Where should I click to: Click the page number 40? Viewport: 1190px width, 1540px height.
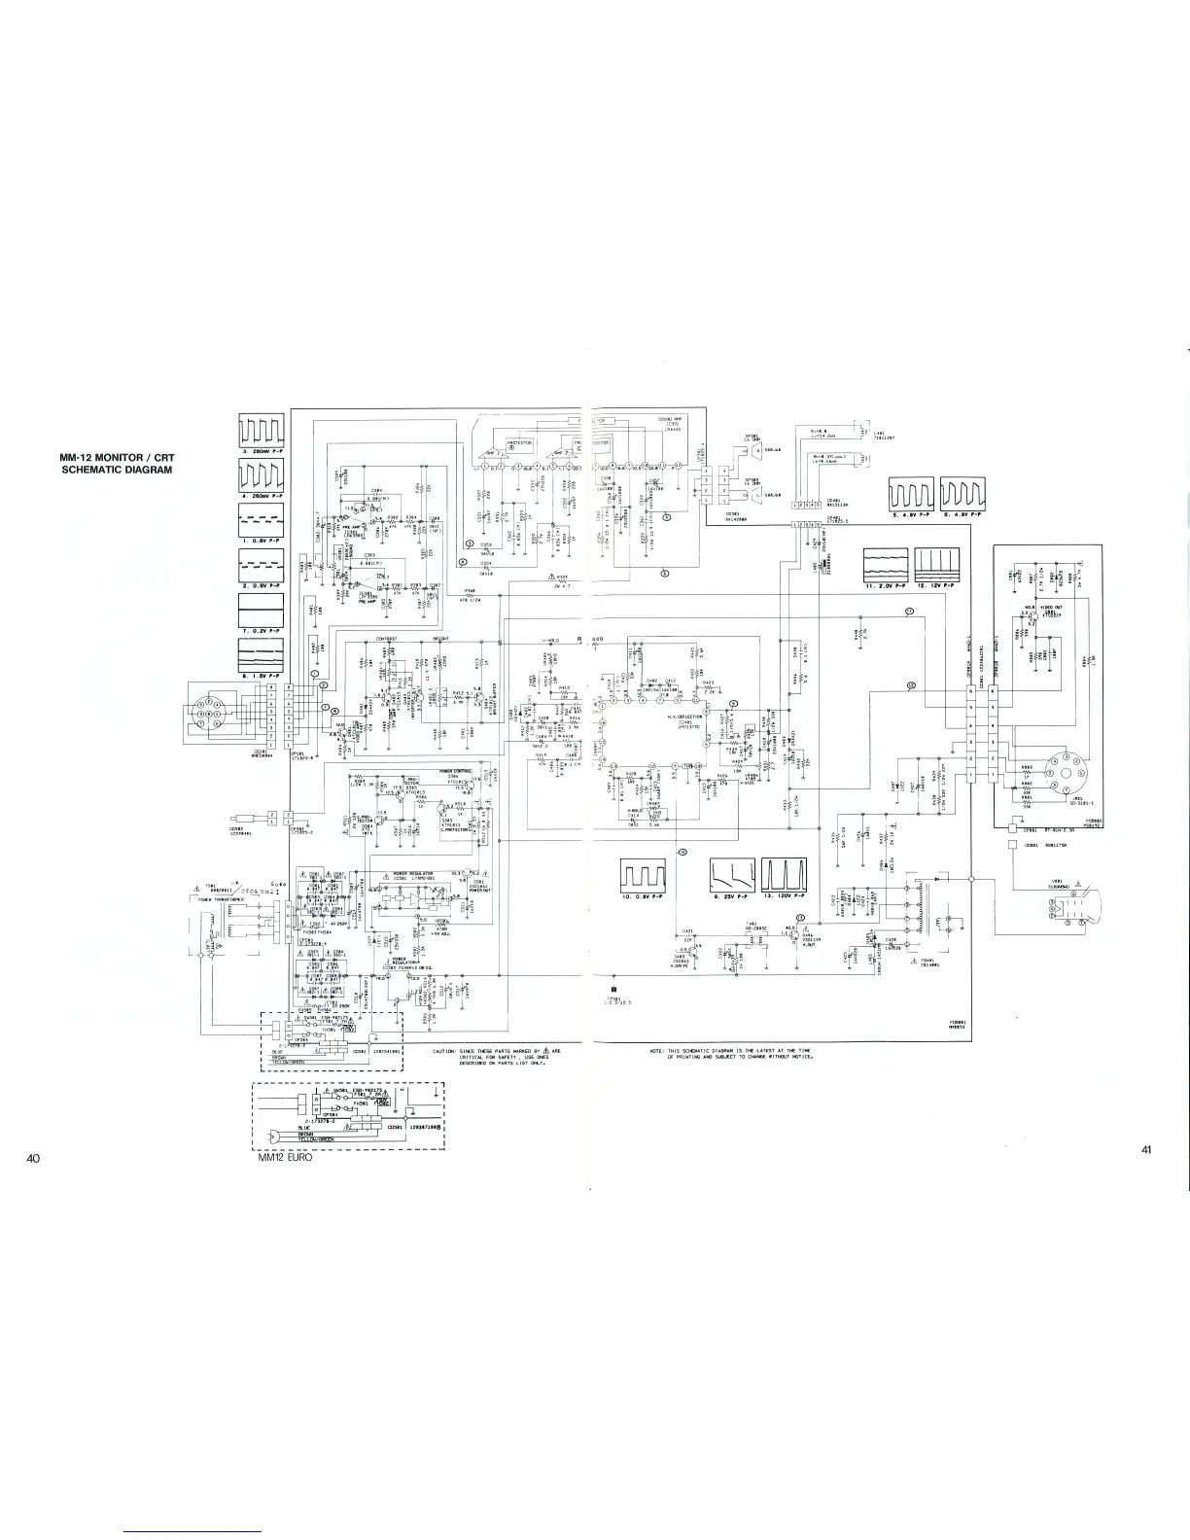click(x=34, y=1158)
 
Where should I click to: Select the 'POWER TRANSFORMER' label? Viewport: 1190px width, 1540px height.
click(x=220, y=899)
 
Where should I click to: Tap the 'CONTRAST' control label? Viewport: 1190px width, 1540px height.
click(x=388, y=639)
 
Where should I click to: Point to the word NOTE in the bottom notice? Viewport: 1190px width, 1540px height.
click(x=655, y=1052)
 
